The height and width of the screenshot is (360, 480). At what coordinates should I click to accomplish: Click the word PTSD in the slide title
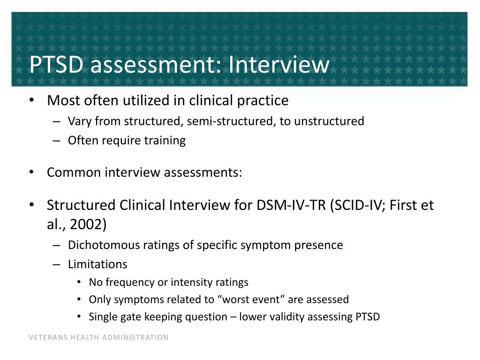pyautogui.click(x=57, y=65)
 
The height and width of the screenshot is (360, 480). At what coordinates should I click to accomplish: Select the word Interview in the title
pyautogui.click(x=279, y=65)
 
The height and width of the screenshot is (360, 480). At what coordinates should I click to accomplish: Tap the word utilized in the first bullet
pyautogui.click(x=156, y=100)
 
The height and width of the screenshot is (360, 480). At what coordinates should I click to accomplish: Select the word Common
pyautogui.click(x=74, y=172)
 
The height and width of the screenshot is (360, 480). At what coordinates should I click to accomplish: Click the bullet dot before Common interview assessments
pyautogui.click(x=31, y=172)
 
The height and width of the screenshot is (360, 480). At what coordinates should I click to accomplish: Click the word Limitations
pyautogui.click(x=97, y=264)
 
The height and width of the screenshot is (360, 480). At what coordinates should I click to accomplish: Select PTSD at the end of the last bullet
pyautogui.click(x=365, y=317)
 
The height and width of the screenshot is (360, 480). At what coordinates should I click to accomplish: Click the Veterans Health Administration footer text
pyautogui.click(x=98, y=337)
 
